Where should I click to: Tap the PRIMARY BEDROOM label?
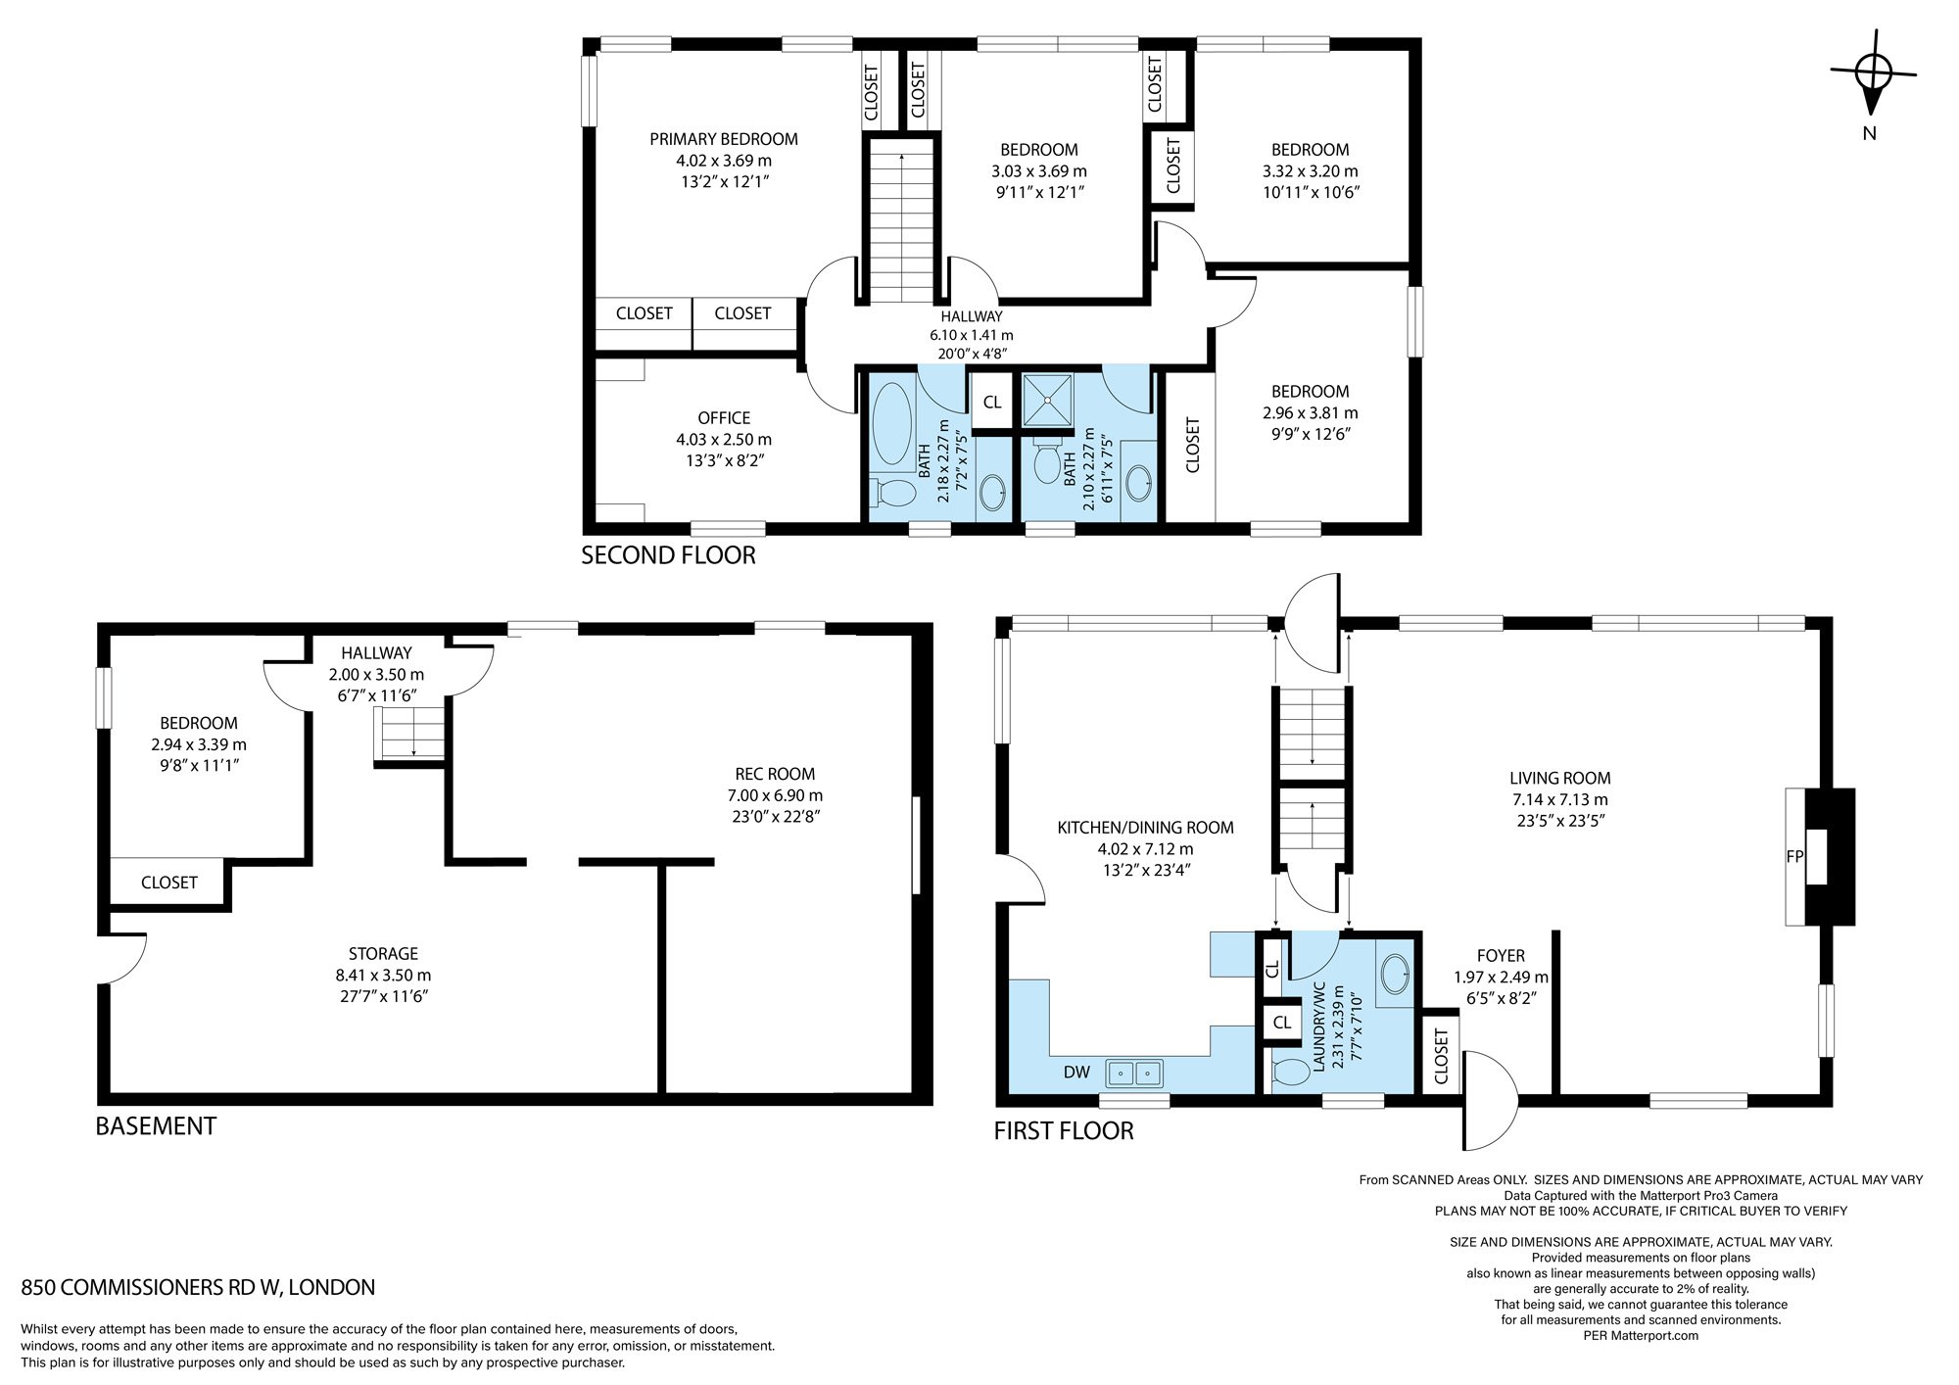pos(724,139)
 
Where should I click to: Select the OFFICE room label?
pos(724,418)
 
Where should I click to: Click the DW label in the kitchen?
pos(1076,1072)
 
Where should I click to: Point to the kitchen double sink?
pos(1134,1074)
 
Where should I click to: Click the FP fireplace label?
pos(1794,856)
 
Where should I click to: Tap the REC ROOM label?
pos(775,774)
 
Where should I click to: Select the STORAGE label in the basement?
pos(383,954)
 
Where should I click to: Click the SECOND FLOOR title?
pos(668,555)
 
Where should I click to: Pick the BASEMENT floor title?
pos(156,1126)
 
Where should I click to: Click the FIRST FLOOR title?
pos(1064,1131)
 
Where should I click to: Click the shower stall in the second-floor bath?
pos(1048,399)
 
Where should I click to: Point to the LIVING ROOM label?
pos(1559,779)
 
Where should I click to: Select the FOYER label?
pos(1501,956)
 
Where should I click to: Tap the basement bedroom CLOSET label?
pos(168,883)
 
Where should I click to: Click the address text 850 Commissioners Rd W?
pos(198,1287)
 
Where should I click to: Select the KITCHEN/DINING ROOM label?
pos(1145,828)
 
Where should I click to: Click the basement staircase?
pos(411,735)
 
